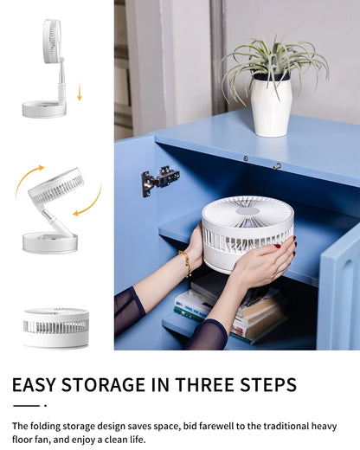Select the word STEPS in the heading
pyautogui.click(x=268, y=384)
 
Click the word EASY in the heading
pyautogui.click(x=34, y=384)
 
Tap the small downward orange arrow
pyautogui.click(x=80, y=93)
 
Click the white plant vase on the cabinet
pyautogui.click(x=271, y=105)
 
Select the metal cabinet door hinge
pyautogui.click(x=160, y=180)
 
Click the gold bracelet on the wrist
pyautogui.click(x=186, y=263)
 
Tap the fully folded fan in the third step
pyautogui.click(x=56, y=328)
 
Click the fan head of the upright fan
pyautogui.click(x=53, y=41)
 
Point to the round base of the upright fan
pyautogui.click(x=44, y=109)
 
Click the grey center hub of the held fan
pyautogui.click(x=248, y=211)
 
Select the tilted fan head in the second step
pyautogui.click(x=56, y=186)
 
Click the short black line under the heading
pyautogui.click(x=26, y=406)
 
